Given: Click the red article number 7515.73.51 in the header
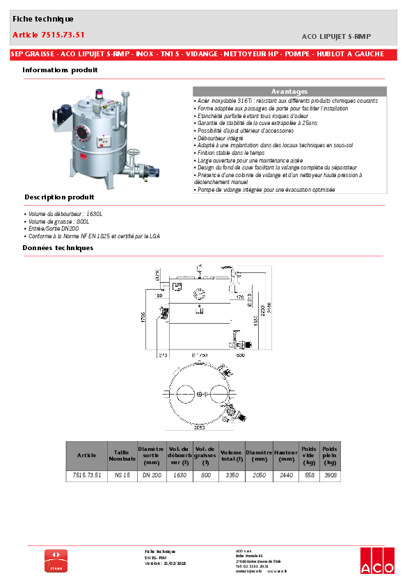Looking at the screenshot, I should (x=49, y=35).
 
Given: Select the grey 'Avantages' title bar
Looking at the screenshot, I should (x=289, y=92).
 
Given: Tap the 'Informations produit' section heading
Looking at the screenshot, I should (x=60, y=70).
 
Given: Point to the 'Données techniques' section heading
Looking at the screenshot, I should (x=57, y=247).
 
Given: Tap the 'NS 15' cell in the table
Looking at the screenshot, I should (x=122, y=475).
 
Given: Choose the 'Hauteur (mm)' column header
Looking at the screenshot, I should (x=285, y=455).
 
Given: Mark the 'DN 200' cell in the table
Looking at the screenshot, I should (x=152, y=475).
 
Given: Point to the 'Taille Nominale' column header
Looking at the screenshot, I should (x=122, y=455).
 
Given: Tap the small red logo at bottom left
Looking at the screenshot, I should (x=56, y=560).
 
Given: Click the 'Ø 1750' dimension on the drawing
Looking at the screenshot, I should (x=200, y=355).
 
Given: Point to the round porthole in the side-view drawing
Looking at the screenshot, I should (x=200, y=292).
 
